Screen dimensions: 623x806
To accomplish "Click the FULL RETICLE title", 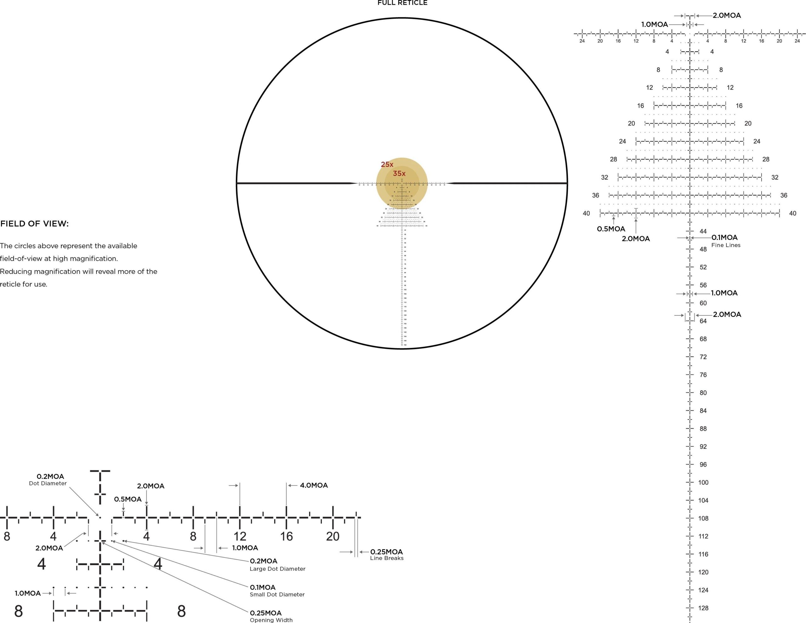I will [402, 3].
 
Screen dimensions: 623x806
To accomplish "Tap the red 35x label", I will [399, 174].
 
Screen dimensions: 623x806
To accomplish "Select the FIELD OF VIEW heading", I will [34, 224].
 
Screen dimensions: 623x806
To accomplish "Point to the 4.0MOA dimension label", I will [314, 485].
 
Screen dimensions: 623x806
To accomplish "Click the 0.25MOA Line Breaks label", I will [386, 554].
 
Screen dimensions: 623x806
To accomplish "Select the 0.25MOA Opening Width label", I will [271, 616].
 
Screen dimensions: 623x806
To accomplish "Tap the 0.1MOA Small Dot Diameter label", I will [277, 590].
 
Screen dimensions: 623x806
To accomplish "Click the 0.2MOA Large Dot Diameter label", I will [277, 564].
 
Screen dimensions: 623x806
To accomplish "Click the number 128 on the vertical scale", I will [703, 608].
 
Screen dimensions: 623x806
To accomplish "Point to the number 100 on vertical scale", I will [703, 482].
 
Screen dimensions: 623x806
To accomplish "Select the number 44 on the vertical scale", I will [703, 231].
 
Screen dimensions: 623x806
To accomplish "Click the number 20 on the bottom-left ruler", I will [332, 536].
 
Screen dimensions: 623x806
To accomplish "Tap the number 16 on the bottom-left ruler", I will [287, 536].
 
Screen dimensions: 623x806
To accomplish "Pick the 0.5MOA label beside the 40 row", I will [611, 229].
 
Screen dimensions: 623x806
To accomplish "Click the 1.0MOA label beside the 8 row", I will [28, 593].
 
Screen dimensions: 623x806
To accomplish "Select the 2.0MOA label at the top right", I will [727, 15].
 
